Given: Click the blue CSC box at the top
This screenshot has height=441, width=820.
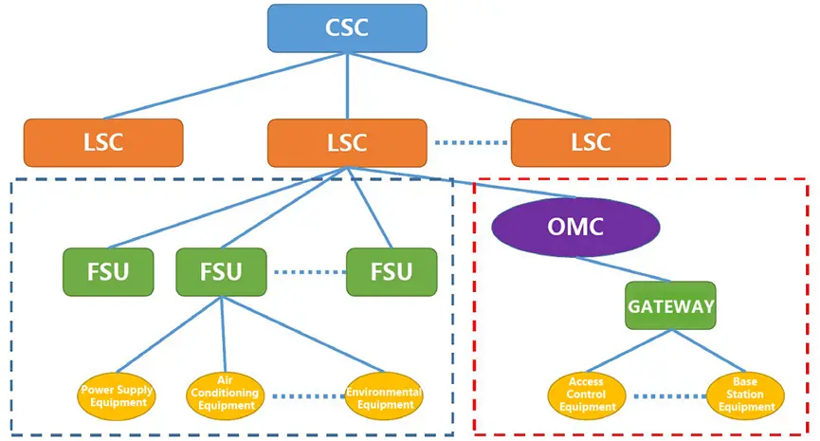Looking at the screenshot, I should pos(347,28).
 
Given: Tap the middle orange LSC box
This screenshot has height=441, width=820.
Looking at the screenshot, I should pos(346,142).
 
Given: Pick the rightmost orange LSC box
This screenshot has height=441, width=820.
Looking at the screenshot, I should pos(591,142).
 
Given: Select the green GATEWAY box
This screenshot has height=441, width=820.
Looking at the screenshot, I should pos(670,305).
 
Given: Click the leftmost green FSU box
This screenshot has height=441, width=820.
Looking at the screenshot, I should pos(109,272).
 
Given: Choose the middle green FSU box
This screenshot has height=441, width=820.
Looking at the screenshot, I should pos(222,272).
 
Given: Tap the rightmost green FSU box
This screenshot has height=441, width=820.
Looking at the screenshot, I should pos(392,272).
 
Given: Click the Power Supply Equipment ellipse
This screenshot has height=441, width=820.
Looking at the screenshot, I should pos(117,395).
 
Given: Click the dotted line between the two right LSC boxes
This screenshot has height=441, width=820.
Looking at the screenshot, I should pos(471,143).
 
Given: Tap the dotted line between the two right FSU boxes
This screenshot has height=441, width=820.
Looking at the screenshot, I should pos(307,272).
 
